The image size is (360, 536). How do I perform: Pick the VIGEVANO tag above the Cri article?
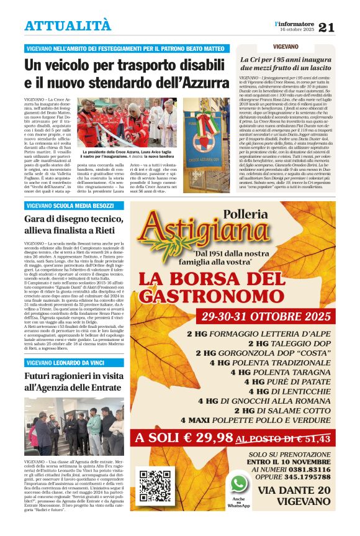click(285, 47)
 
